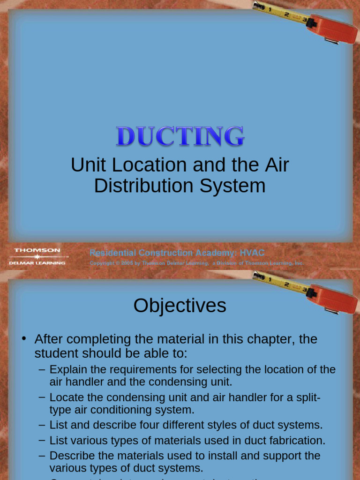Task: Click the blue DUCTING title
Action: pyautogui.click(x=180, y=136)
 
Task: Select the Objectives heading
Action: pyautogui.click(x=180, y=306)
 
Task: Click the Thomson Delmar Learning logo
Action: pyautogui.click(x=37, y=256)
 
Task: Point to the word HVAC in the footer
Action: pyautogui.click(x=252, y=253)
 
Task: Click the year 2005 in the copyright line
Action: pyautogui.click(x=127, y=263)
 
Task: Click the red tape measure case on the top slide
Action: pyautogui.click(x=334, y=29)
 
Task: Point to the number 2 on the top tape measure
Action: pyautogui.click(x=286, y=14)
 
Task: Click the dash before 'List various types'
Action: pyautogui.click(x=42, y=440)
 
